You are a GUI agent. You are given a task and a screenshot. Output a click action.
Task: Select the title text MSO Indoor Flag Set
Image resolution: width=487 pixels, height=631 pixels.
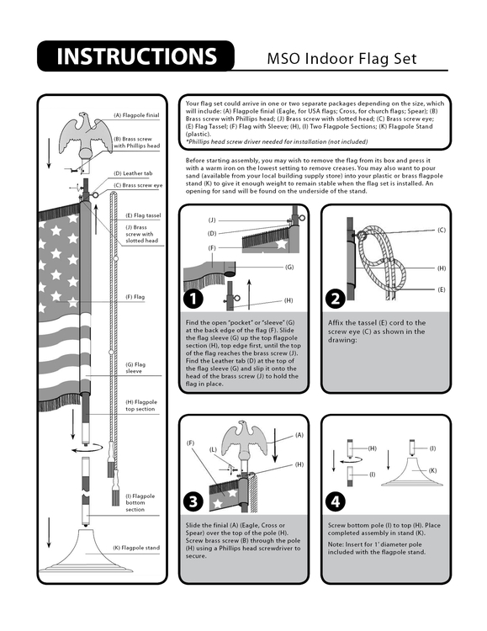(341, 59)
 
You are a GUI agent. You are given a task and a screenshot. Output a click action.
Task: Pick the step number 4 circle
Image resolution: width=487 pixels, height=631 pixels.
(336, 502)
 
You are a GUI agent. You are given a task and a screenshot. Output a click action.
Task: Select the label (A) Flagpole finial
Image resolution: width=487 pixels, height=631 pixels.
(135, 115)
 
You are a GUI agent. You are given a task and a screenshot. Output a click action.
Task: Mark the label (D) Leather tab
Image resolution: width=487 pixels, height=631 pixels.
(132, 173)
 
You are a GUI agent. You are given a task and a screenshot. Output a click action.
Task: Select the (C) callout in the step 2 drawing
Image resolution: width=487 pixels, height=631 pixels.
(442, 229)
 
